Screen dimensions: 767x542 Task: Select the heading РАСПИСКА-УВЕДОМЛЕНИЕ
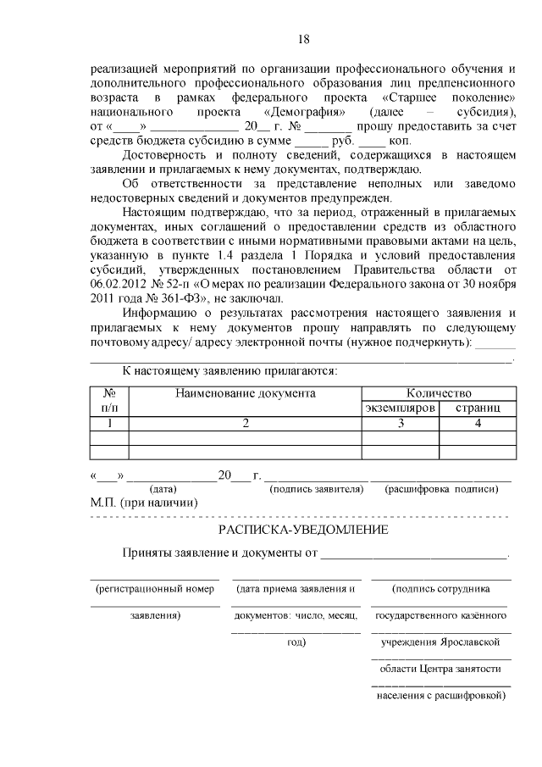click(303, 531)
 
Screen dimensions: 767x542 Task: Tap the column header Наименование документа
click(246, 393)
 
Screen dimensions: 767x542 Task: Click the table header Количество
click(437, 393)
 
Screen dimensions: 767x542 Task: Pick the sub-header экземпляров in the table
click(400, 408)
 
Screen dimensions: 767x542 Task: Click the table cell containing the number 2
click(246, 422)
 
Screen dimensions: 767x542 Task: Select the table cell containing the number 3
click(400, 422)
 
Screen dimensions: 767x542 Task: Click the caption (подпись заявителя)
click(315, 489)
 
